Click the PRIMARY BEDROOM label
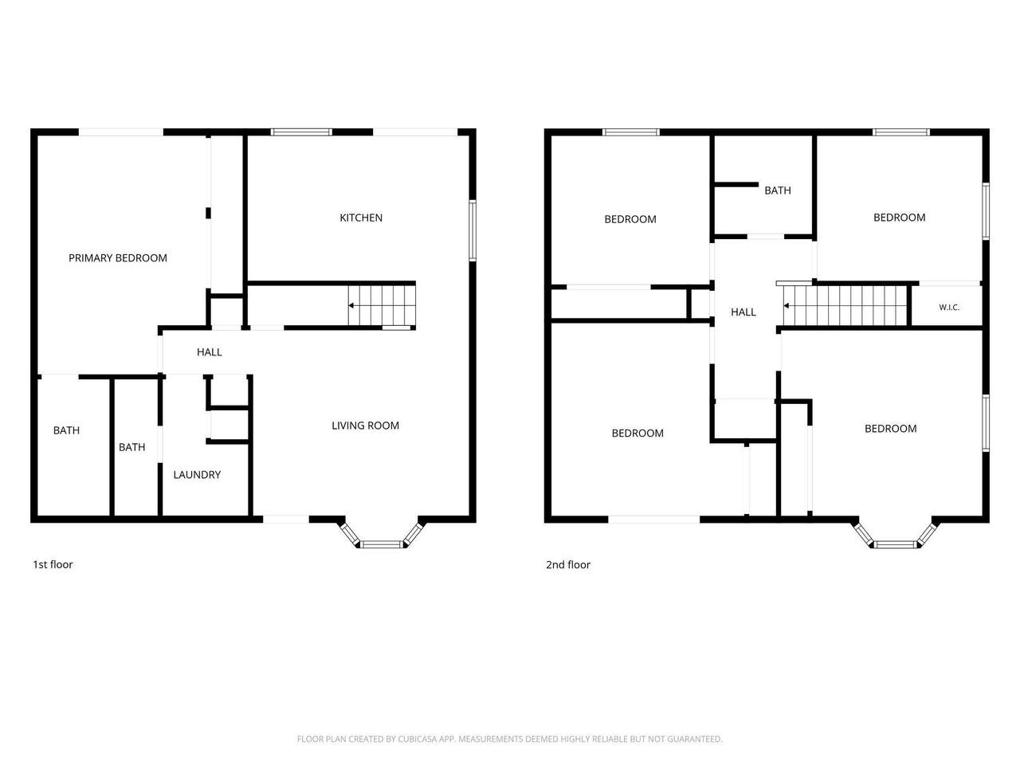(118, 257)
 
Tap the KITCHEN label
(361, 218)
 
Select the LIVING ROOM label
(365, 426)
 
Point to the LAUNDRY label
(197, 475)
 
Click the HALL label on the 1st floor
(209, 352)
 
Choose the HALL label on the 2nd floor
(743, 312)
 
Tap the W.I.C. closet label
(949, 308)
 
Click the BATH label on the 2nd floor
(778, 190)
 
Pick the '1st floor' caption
(53, 564)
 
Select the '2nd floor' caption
(568, 565)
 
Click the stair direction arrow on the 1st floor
(352, 306)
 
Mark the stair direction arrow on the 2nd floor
(787, 306)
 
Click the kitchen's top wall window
(301, 132)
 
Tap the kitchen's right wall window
(473, 230)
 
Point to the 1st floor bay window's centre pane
(382, 544)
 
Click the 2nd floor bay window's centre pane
(896, 544)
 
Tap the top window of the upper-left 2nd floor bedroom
(631, 132)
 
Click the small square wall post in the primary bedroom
(208, 214)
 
